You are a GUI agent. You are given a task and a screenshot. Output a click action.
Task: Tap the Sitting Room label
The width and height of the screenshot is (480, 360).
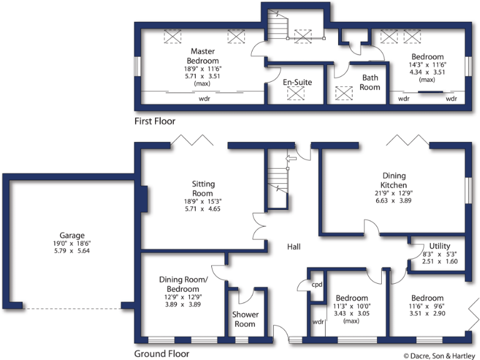coord(203,189)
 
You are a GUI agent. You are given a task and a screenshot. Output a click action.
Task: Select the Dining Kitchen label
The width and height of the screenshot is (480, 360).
coord(394,181)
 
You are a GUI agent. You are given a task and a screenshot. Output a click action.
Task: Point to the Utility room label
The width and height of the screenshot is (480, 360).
coord(439,246)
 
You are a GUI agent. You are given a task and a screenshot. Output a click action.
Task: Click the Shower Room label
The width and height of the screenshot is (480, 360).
coord(244,319)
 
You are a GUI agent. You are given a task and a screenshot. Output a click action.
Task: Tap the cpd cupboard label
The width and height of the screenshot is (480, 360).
coord(317,284)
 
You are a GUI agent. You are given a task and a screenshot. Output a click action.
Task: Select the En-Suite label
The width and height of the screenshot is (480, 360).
coord(297,82)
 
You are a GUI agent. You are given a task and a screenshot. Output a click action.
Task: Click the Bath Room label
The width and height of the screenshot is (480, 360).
coord(370,82)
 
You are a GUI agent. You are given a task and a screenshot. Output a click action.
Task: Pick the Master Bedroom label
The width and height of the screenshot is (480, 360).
coord(202,56)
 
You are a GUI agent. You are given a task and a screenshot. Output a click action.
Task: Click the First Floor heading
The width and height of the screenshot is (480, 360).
coord(155,121)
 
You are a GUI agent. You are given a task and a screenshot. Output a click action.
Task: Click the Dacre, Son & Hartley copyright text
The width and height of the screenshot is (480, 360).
coord(439,354)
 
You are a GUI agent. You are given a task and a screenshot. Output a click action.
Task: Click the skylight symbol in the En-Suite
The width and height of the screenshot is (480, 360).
coord(295,94)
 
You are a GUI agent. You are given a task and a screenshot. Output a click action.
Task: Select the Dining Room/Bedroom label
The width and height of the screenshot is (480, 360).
coord(179,284)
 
